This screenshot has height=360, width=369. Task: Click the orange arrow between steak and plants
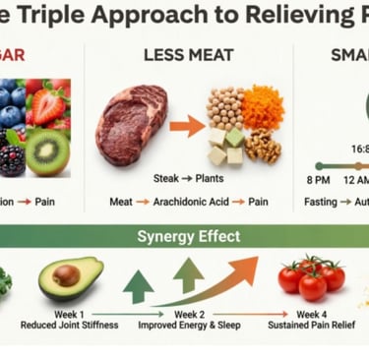click(187, 125)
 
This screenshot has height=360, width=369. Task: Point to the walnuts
click(262, 146)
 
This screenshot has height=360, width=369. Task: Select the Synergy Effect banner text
click(187, 236)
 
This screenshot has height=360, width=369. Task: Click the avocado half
click(71, 277)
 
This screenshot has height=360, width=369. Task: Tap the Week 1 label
click(69, 315)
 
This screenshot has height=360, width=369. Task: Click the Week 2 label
click(189, 315)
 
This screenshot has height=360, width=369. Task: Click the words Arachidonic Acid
click(188, 202)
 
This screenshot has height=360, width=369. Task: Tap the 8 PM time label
click(318, 180)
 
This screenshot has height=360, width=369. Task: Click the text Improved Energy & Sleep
click(189, 328)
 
